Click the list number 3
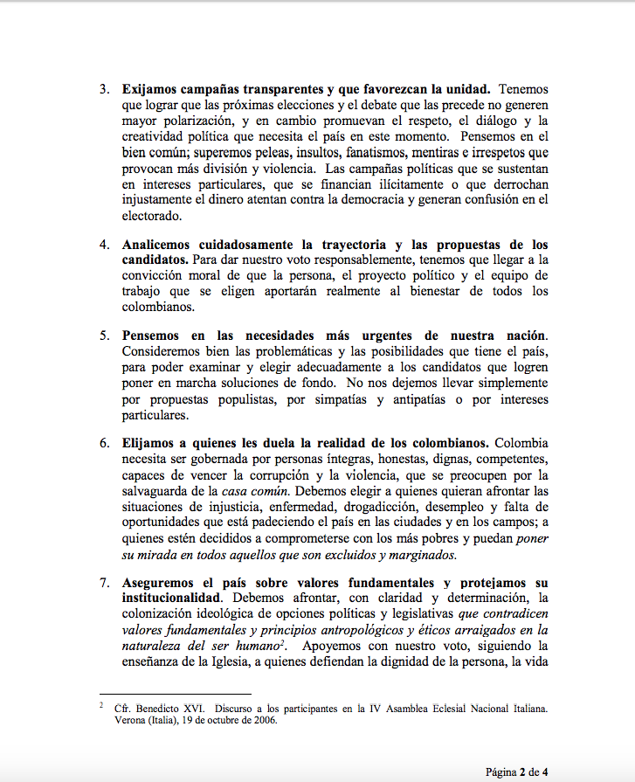[103, 89]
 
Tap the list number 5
[103, 336]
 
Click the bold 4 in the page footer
[545, 770]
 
